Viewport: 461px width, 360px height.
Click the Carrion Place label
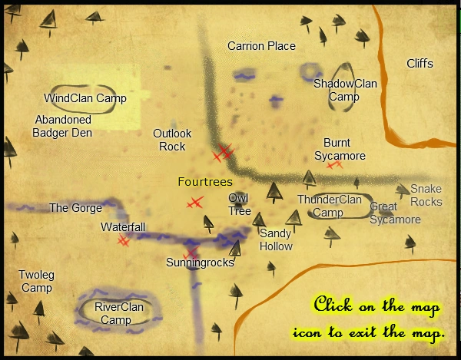[x=261, y=46]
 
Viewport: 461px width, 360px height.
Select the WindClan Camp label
[x=85, y=98]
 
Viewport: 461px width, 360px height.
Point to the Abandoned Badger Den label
[x=62, y=127]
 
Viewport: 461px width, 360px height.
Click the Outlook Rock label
[x=172, y=140]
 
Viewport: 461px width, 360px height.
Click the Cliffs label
[x=420, y=64]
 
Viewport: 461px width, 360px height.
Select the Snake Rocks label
[x=426, y=196]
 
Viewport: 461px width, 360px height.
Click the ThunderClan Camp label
[x=329, y=206]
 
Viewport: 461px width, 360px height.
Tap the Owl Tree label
[x=239, y=205]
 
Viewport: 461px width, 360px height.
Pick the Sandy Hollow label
[x=276, y=239]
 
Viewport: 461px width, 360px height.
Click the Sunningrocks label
[x=200, y=263]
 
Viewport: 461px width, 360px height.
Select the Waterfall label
[x=122, y=227]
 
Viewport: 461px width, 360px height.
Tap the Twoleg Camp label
[x=35, y=282]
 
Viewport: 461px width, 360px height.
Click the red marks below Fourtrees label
[x=195, y=203]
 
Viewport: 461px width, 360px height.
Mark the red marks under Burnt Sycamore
[x=333, y=164]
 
